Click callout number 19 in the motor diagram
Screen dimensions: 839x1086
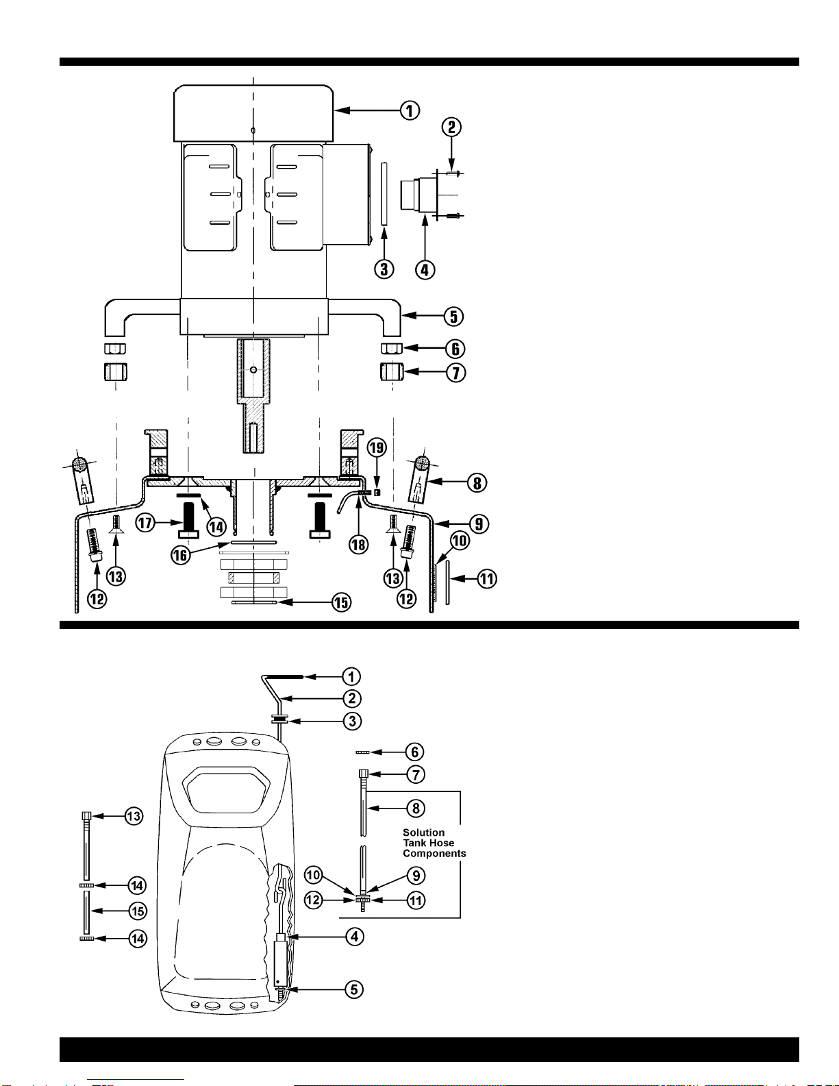377,447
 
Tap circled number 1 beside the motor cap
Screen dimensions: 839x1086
410,110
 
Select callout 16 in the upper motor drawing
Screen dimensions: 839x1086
180,555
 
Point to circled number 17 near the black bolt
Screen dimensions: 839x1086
145,523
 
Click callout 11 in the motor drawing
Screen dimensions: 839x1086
487,579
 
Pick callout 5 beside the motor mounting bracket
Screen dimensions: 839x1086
453,317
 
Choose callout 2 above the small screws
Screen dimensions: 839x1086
451,127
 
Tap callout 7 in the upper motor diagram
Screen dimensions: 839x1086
456,373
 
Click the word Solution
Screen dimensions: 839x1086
423,832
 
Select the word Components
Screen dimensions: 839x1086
434,854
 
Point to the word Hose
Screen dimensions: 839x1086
442,843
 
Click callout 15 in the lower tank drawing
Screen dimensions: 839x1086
138,911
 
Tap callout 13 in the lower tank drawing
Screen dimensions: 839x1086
134,816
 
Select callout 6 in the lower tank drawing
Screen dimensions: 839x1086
414,752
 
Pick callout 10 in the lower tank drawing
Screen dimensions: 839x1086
313,874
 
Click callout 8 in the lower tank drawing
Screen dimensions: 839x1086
416,808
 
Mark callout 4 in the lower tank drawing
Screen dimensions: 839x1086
355,937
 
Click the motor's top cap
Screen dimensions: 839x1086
253,114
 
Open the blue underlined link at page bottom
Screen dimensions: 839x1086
136,1081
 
